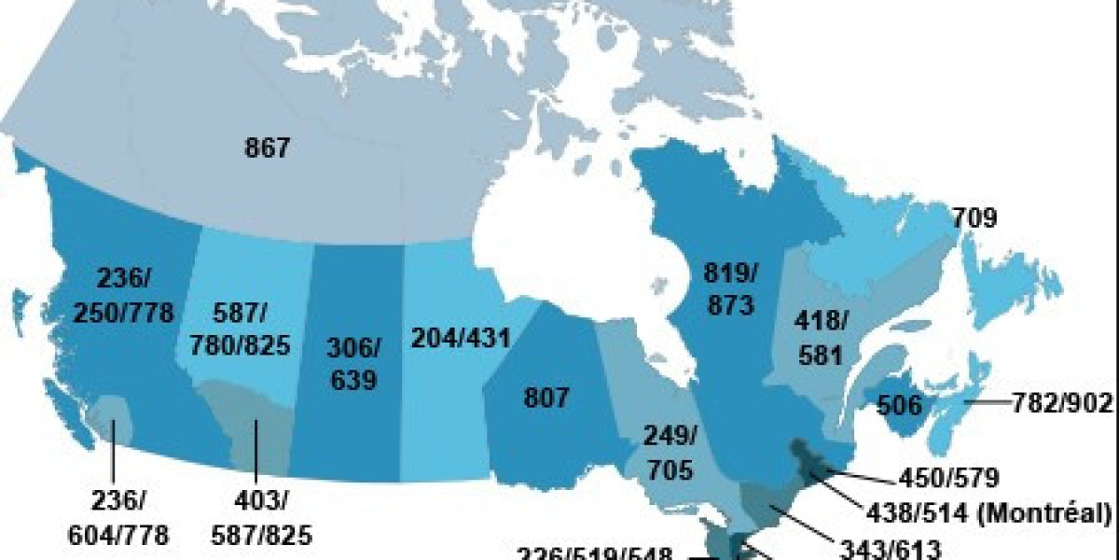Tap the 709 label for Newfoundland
974,218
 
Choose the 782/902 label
1062,403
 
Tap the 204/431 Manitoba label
460,338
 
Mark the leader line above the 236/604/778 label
114,457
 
